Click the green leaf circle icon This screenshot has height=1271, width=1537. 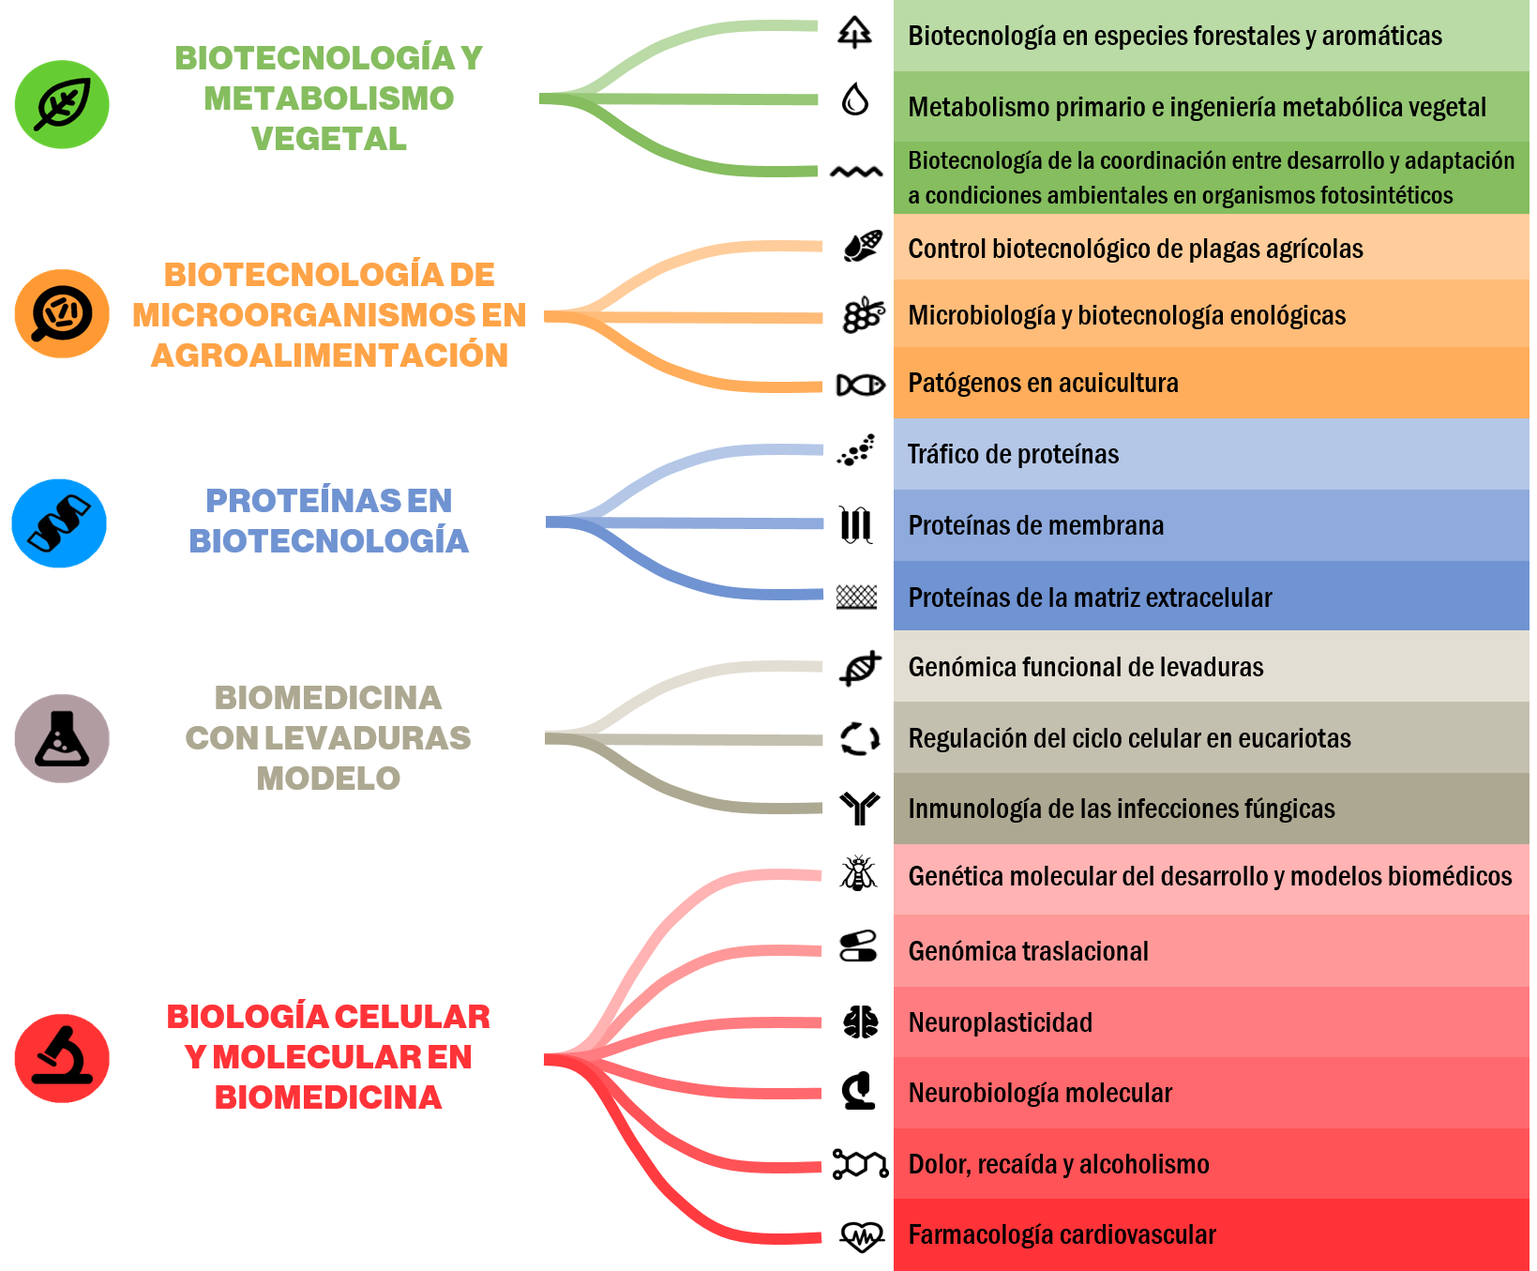62,104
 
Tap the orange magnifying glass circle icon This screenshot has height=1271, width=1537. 62,313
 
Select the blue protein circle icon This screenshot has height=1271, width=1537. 59,523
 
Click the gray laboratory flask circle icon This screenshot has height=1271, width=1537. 62,738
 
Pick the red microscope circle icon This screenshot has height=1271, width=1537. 62,1058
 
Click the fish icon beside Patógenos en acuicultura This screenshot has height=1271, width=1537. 860,385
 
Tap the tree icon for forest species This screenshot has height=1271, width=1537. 854,33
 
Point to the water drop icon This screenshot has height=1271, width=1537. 854,98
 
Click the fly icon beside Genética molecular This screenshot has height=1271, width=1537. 858,873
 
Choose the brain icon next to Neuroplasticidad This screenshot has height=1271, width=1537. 860,1021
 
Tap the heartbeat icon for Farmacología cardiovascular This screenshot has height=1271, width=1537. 862,1236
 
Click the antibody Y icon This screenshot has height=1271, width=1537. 860,808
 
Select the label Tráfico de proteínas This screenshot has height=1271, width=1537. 1013,454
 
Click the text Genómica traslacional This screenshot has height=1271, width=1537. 1028,951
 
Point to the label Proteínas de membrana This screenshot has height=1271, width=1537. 1035,525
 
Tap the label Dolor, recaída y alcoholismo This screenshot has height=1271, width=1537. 1059,1164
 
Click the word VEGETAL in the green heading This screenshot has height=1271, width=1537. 329,139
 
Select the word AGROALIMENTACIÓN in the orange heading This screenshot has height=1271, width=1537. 329,356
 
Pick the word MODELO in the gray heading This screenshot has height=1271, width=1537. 328,779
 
